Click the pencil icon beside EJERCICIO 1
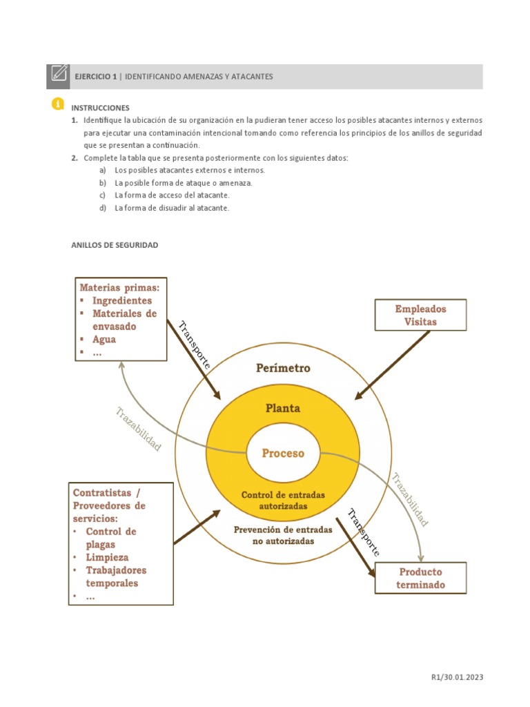pyautogui.click(x=59, y=76)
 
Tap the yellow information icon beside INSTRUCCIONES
pyautogui.click(x=57, y=104)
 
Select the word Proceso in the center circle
pyautogui.click(x=283, y=454)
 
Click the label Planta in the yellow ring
pyautogui.click(x=283, y=408)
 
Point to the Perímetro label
pyautogui.click(x=283, y=368)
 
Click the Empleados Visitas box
pyautogui.click(x=420, y=315)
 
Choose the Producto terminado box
pyautogui.click(x=420, y=578)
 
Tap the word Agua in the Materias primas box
pyautogui.click(x=104, y=339)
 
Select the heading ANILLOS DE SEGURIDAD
pyautogui.click(x=115, y=244)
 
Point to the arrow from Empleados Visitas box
pyautogui.click(x=391, y=365)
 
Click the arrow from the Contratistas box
pyautogui.click(x=197, y=527)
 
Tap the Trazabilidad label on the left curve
pyautogui.click(x=139, y=429)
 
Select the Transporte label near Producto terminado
pyautogui.click(x=364, y=532)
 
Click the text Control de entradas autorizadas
pyautogui.click(x=283, y=501)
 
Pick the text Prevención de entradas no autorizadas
pyautogui.click(x=283, y=535)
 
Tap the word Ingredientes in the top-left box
pyautogui.click(x=122, y=300)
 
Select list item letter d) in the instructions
pyautogui.click(x=103, y=208)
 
